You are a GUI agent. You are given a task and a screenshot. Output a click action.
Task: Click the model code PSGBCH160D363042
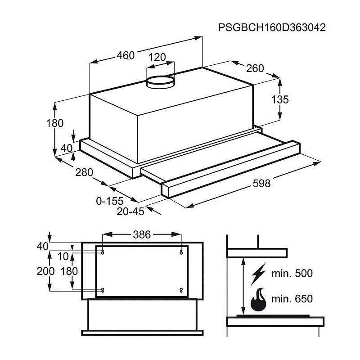pos(272,27)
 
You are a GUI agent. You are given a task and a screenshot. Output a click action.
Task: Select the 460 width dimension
pos(126,55)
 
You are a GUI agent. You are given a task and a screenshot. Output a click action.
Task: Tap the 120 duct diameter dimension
pos(157,57)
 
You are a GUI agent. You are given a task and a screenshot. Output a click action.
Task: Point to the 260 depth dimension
pos(255,68)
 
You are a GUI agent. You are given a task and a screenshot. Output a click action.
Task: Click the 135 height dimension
pos(280,99)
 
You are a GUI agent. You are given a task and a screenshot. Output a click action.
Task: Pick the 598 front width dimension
pos(261,183)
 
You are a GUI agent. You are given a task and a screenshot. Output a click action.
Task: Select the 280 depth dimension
pos(84,172)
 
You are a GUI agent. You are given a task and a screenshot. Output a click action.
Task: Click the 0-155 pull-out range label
pos(110,201)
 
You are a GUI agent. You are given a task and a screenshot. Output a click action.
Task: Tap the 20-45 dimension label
pos(130,211)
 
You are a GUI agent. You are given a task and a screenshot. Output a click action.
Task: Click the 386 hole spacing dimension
pos(142,234)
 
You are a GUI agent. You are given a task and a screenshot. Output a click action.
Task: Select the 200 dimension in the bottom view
pos(45,271)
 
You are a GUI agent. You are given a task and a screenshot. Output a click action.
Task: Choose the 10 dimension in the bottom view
pos(63,256)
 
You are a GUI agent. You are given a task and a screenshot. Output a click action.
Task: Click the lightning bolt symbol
pos(258,274)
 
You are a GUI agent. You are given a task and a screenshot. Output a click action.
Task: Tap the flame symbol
pos(259,299)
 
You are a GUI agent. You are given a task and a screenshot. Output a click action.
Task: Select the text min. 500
pos(292,274)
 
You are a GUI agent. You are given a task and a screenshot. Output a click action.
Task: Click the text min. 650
pos(292,299)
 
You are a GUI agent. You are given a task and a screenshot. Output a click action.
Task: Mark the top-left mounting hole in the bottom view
pos(103,252)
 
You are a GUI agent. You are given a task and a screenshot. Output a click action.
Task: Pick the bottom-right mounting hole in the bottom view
pos(181,290)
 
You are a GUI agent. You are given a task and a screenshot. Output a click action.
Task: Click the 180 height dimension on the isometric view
pos(54,123)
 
